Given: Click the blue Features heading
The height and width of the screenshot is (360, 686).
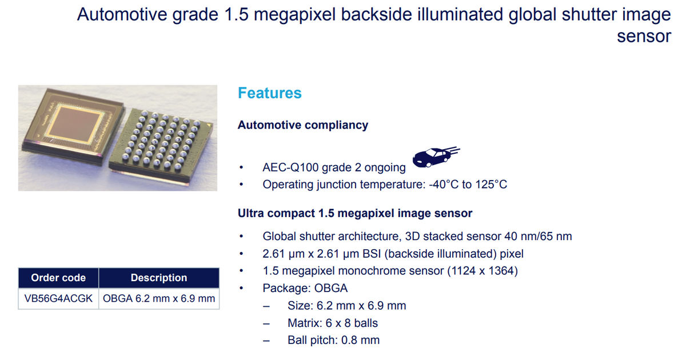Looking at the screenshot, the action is pyautogui.click(x=269, y=93).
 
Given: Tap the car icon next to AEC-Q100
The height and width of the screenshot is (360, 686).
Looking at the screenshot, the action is pyautogui.click(x=436, y=157).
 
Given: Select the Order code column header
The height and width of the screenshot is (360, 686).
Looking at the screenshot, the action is pyautogui.click(x=58, y=278).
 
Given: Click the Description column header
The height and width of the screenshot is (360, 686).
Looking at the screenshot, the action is pyautogui.click(x=159, y=278).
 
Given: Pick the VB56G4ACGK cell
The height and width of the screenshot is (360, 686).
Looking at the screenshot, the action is pyautogui.click(x=58, y=298).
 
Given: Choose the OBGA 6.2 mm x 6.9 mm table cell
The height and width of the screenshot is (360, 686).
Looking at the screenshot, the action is pyautogui.click(x=159, y=298).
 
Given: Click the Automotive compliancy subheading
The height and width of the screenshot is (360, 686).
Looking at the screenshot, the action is pyautogui.click(x=303, y=125).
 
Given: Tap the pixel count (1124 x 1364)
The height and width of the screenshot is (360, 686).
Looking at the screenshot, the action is pyautogui.click(x=482, y=271).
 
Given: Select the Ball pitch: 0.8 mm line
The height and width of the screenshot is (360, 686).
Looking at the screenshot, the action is pyautogui.click(x=333, y=340).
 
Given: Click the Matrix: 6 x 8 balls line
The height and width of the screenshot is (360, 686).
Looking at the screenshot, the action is pyautogui.click(x=333, y=323).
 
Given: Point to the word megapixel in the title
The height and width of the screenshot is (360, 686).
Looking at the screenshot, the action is pyautogui.click(x=294, y=15).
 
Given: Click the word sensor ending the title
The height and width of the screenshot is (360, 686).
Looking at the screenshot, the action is pyautogui.click(x=644, y=37).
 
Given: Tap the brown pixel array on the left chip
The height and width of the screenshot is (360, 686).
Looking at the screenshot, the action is pyautogui.click(x=75, y=125).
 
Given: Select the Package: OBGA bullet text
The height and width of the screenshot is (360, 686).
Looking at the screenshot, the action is pyautogui.click(x=305, y=289).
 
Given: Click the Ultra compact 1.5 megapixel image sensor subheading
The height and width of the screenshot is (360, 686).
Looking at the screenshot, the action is pyautogui.click(x=355, y=213).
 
